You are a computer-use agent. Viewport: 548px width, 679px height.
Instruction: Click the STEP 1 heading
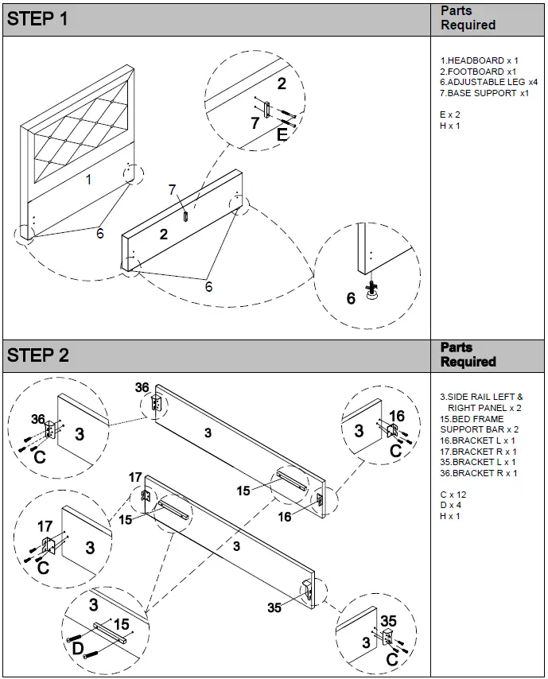coord(37,19)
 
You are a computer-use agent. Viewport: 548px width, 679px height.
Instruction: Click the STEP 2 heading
coord(37,355)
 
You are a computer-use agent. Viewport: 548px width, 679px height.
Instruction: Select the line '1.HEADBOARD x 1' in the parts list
coord(479,60)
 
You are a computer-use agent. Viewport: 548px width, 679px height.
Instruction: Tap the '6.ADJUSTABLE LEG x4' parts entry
coord(489,82)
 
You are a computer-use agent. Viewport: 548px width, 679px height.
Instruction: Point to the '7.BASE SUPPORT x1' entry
coord(484,93)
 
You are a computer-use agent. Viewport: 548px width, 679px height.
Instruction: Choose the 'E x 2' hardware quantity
coord(450,114)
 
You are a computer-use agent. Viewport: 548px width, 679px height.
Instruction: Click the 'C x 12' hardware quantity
coord(454,495)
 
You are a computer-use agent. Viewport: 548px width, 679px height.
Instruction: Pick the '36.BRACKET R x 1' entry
coord(479,473)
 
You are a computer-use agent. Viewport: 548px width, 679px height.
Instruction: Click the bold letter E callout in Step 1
coord(282,135)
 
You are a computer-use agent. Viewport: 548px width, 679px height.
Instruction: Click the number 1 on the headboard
coord(88,180)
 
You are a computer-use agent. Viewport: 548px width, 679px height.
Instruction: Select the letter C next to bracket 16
coord(395,451)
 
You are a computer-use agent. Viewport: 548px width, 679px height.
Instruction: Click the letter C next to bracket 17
coord(43,568)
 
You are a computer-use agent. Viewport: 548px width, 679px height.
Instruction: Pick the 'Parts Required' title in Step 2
coord(468,355)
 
